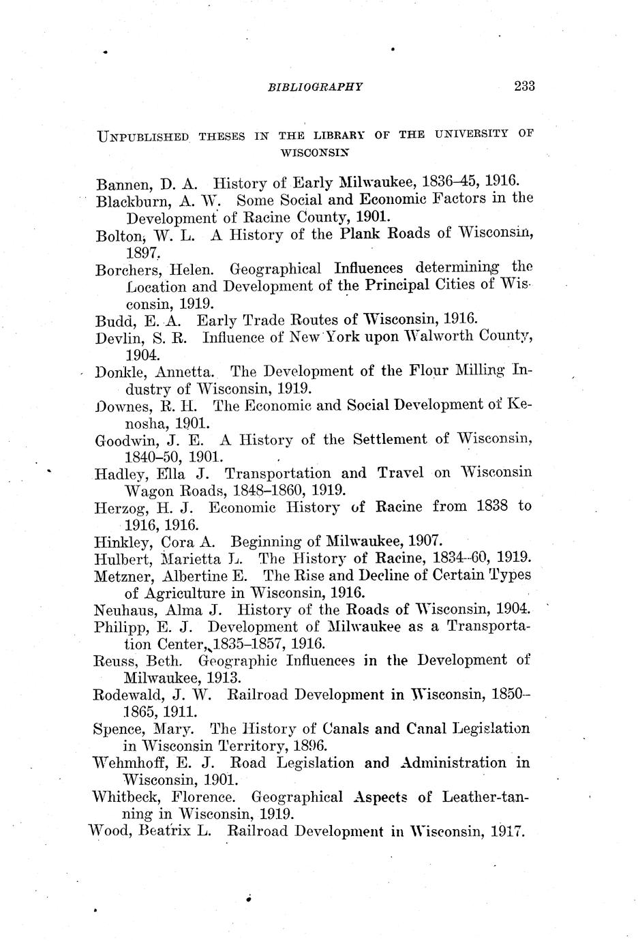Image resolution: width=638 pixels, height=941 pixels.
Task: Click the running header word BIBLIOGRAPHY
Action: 315,87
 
